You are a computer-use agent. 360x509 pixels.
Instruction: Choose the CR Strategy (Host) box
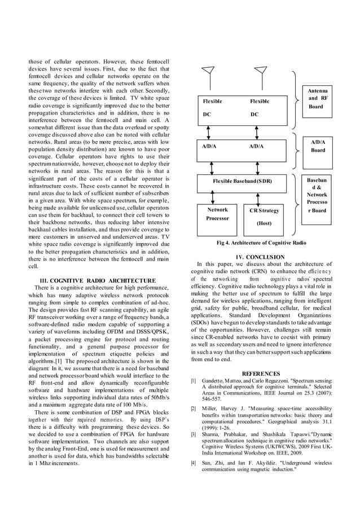pos(264,216)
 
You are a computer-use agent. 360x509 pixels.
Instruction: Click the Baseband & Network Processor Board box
pos(317,195)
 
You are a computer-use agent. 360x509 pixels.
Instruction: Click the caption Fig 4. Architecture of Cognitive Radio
pos(261,243)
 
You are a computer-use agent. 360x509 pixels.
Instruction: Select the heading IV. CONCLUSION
pos(260,257)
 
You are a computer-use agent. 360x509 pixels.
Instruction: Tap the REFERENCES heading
pos(261,374)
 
